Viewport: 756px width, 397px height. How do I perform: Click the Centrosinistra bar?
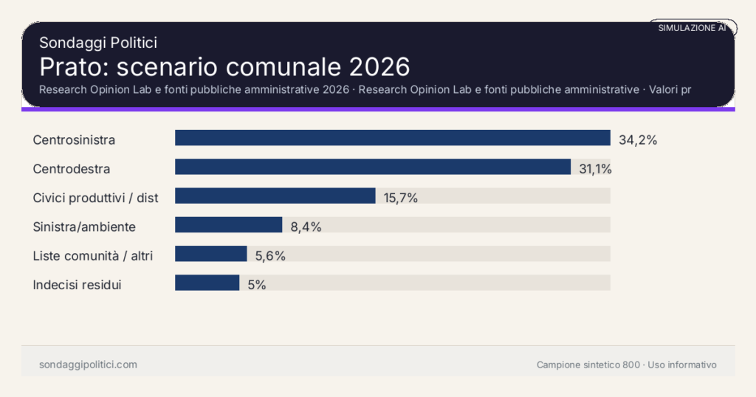392,138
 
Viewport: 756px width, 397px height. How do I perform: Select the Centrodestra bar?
372,167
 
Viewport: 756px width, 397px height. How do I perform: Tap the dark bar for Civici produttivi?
275,196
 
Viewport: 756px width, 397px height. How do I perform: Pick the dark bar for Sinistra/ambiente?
228,224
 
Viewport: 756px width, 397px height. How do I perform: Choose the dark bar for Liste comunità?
210,254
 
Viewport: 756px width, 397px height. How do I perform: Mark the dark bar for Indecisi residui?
207,283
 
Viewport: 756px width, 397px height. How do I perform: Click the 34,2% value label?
637,139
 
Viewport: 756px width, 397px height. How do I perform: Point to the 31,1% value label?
595,169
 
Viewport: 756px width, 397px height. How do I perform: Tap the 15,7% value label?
401,198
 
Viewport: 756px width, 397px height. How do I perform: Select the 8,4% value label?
306,227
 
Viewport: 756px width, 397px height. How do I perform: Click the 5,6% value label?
270,255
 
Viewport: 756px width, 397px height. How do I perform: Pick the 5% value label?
257,284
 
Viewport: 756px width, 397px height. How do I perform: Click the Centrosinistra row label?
74,139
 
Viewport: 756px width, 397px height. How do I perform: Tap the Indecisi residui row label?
77,284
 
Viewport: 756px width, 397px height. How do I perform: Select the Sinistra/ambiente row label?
84,227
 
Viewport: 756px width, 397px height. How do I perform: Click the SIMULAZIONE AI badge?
692,28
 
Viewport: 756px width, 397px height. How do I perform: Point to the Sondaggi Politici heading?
97,43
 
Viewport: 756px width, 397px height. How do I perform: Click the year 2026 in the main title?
379,66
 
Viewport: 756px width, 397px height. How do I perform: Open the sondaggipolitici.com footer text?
88,365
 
